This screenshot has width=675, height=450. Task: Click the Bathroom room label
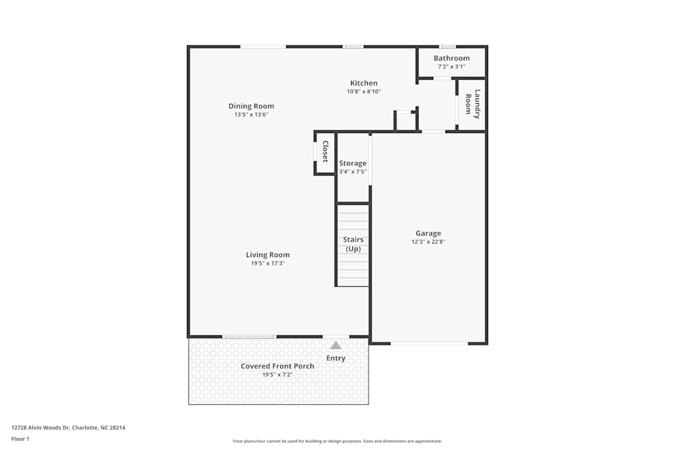pos(452,59)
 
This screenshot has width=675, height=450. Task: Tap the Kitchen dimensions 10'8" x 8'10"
pos(364,91)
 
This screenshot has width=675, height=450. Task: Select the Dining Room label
pos(251,106)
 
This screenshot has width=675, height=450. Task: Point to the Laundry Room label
pos(473,105)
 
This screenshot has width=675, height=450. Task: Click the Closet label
pos(325,152)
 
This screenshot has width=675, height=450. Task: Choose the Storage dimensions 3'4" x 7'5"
pos(352,172)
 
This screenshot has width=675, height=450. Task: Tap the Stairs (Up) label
pos(353,244)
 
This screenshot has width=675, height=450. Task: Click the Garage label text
pos(428,233)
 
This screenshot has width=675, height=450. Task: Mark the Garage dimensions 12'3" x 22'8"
pos(428,242)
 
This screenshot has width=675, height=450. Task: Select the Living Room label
pos(267,255)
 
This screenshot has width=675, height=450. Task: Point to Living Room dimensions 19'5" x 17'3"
pos(267,264)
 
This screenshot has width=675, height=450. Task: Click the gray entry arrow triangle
pos(335,345)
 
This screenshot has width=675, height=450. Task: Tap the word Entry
pos(335,358)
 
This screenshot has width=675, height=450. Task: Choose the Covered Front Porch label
pos(277,366)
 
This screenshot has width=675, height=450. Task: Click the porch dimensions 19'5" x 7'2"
pos(277,374)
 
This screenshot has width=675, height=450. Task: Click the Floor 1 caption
pos(20,439)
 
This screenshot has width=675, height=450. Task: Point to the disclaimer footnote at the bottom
pos(337,441)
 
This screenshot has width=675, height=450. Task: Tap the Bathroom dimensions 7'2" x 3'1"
pos(452,67)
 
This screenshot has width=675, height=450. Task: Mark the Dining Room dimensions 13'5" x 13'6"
pos(251,115)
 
